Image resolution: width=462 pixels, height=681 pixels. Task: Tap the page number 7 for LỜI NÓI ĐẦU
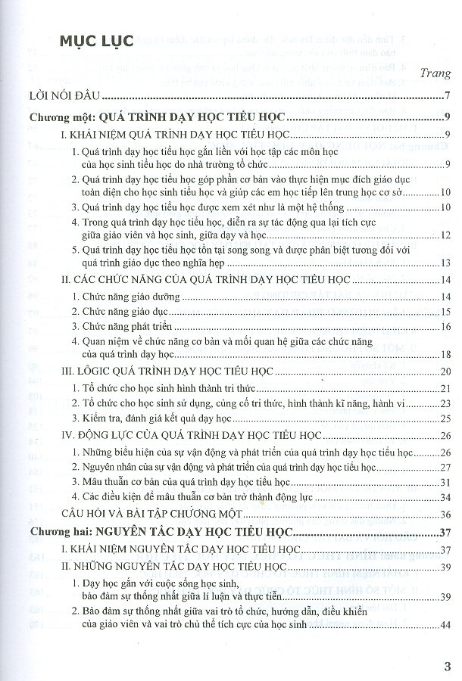(448, 95)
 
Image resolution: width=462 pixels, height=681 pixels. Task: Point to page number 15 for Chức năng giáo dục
(445, 312)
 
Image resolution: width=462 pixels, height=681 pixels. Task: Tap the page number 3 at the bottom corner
(446, 666)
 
